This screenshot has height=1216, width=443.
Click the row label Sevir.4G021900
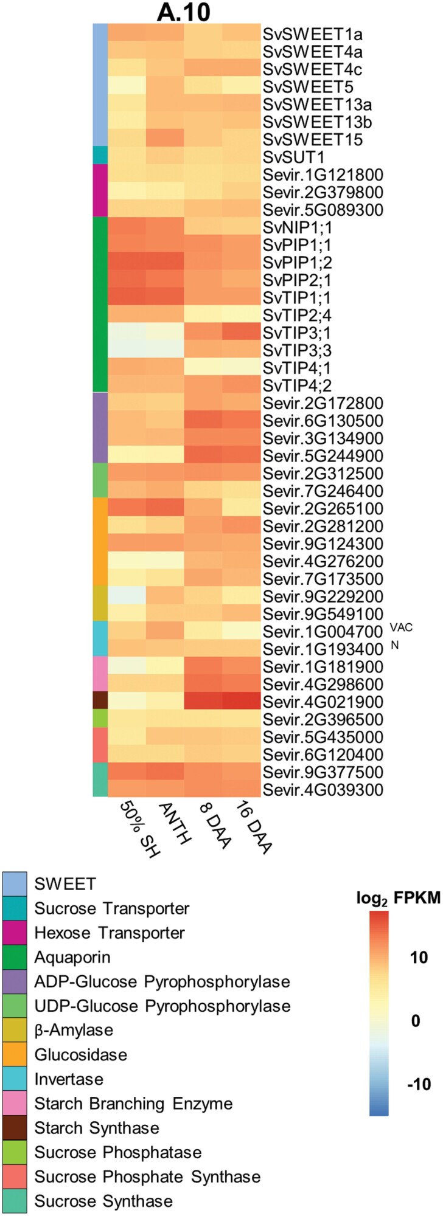323,702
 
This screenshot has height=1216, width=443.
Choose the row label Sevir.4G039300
323,790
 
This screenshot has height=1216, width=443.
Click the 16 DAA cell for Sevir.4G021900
240,702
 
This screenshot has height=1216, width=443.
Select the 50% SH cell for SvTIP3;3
127,351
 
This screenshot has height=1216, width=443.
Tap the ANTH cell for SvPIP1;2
165,263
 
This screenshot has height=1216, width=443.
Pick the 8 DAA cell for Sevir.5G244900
203,456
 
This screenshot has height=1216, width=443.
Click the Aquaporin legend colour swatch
15,958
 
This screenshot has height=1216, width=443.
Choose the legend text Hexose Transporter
110,933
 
